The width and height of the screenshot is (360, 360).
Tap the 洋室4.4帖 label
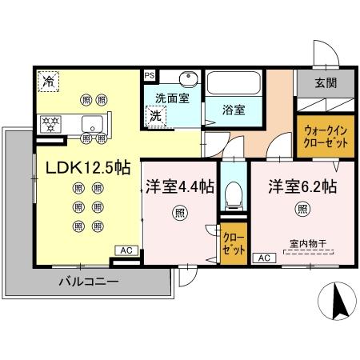[179, 186]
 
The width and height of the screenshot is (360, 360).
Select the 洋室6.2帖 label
[302, 186]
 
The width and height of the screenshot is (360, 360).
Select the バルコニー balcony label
[89, 282]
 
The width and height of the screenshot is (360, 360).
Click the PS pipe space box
[149, 76]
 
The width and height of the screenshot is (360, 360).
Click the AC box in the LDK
[126, 250]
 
